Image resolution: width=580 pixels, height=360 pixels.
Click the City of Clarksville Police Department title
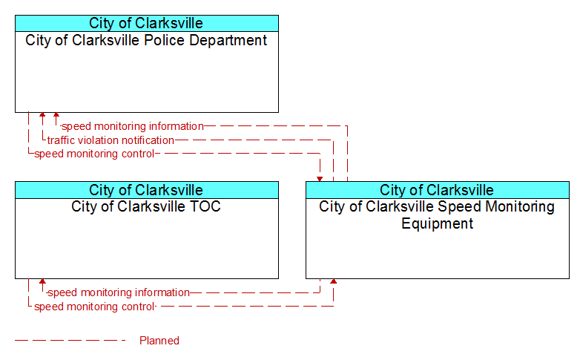tap(146, 40)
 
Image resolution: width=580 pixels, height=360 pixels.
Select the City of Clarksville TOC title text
tap(146, 206)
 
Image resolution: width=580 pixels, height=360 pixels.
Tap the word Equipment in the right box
tap(437, 223)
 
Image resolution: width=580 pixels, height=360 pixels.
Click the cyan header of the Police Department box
tap(147, 23)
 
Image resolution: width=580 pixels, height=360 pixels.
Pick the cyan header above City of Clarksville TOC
tap(147, 190)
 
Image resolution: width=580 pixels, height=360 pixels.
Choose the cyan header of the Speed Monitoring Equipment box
tap(438, 190)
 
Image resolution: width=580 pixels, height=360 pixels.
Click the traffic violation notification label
tap(111, 140)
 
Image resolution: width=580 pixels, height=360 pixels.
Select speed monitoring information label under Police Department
tap(133, 126)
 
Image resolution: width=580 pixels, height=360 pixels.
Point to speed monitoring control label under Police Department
tap(94, 154)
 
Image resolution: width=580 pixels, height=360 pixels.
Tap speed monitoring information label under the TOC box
tap(119, 292)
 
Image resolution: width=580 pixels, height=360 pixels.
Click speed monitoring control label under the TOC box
tap(94, 307)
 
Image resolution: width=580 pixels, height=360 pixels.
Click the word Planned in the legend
tap(159, 341)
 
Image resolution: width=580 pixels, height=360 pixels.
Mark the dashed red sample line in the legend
tap(70, 341)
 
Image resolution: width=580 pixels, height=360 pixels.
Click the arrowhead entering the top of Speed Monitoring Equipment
tap(320, 180)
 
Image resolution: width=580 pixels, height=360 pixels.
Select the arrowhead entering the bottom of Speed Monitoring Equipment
tap(334, 281)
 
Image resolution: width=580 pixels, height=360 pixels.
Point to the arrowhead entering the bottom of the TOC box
tap(42, 281)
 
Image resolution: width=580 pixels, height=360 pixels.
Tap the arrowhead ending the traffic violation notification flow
tap(42, 115)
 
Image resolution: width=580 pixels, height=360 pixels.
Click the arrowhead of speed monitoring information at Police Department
tap(56, 115)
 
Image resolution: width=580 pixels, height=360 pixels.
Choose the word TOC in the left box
tap(205, 206)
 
